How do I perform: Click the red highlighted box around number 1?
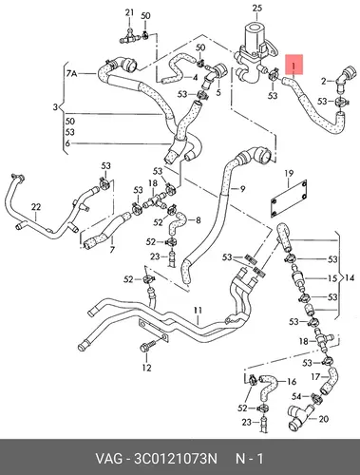coord(294,65)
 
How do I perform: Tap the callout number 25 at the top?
coord(257,8)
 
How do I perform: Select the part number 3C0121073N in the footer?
coord(176,459)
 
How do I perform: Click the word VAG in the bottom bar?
coord(108,459)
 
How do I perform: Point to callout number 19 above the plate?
coord(289,174)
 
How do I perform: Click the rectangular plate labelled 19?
coord(289,199)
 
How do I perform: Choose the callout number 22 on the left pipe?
coord(36,207)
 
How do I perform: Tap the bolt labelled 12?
coord(147,347)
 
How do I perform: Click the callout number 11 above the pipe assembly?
coord(198,311)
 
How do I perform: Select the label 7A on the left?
coord(71,74)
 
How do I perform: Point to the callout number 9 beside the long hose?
coord(242,189)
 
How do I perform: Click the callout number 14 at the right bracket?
coord(350,278)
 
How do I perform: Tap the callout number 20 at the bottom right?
coord(323,419)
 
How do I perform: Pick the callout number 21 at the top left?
coord(129,12)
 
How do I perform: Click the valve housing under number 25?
coord(256,54)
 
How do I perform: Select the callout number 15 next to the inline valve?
coord(332,278)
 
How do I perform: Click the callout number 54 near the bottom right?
coord(296,396)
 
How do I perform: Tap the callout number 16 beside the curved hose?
coord(292,382)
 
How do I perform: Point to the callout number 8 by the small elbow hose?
coord(199,219)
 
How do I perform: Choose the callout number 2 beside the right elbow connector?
coord(323,82)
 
